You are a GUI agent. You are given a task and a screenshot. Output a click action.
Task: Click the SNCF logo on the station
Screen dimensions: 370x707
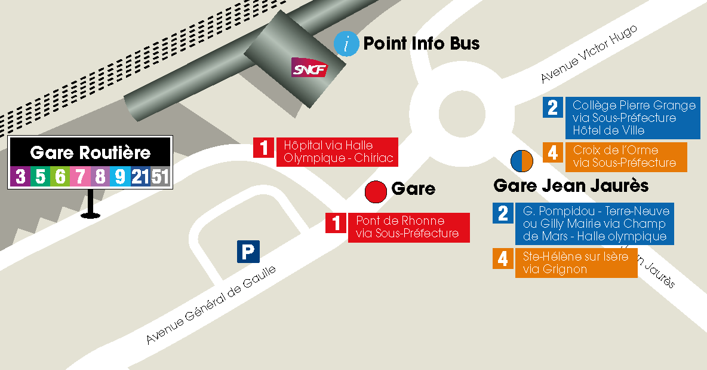pos(309,68)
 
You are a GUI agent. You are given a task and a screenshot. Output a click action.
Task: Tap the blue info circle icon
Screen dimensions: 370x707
pos(346,44)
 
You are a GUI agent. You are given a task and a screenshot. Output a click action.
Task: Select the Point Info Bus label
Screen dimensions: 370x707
pos(421,44)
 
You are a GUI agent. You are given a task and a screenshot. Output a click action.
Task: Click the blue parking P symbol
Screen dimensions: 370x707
pos(248,251)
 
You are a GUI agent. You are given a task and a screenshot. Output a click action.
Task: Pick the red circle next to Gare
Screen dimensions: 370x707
pos(376,191)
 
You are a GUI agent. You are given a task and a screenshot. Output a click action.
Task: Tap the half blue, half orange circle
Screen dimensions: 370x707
pos(521,160)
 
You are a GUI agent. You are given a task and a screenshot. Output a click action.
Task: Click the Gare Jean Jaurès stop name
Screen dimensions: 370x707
pos(570,186)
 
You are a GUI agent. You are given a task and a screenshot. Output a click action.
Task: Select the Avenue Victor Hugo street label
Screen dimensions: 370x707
pos(589,54)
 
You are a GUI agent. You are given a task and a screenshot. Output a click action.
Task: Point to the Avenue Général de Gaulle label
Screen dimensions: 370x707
pos(211,305)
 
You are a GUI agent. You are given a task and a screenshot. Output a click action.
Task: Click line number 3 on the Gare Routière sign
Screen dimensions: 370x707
pos(21,176)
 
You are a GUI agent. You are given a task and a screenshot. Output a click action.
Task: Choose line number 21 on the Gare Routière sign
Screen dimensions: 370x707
pos(140,176)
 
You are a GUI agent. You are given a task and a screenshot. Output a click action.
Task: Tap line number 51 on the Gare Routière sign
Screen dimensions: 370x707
pos(160,176)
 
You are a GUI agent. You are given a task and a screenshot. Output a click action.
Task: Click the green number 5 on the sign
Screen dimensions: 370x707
pos(41,176)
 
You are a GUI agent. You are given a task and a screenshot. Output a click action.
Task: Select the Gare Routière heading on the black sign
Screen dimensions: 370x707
pos(90,153)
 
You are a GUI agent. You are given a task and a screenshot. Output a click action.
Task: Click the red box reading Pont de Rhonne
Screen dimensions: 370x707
pos(408,227)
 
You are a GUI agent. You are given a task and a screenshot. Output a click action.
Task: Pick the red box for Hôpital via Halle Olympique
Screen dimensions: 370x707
pos(337,152)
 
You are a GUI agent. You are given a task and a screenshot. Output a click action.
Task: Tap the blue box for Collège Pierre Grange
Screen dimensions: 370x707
pos(633,118)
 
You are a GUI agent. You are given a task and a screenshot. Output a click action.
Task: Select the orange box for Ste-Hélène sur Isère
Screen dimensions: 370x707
pos(576,263)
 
